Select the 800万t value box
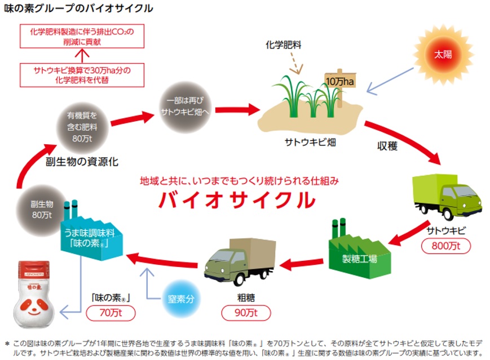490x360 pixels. (446, 246)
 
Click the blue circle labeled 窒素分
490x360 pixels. (181, 299)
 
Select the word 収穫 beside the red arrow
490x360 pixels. (387, 146)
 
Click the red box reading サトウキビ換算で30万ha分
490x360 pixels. (82, 75)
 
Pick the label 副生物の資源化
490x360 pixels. (82, 163)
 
